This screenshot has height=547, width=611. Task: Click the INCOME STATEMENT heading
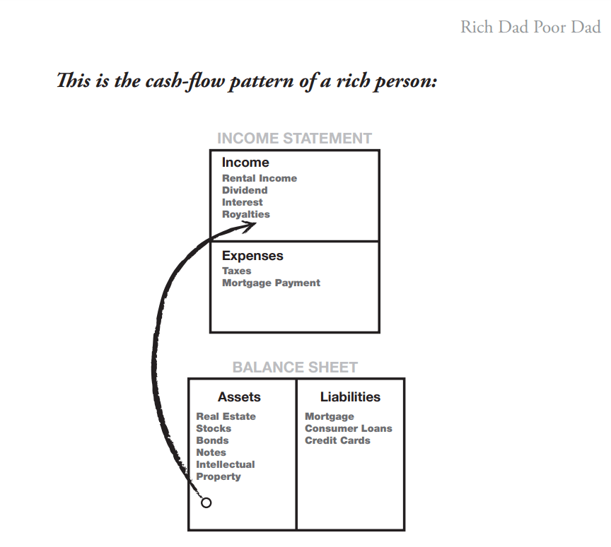pos(294,139)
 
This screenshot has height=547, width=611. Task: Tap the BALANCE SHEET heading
pos(295,367)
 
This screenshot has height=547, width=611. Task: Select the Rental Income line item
pos(259,178)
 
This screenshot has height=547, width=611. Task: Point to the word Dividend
pos(244,190)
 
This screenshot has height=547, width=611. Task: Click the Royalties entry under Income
pos(245,214)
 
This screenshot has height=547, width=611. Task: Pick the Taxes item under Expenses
pos(236,271)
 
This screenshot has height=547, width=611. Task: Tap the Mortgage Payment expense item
pos(271,283)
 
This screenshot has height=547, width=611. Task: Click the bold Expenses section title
pos(252,256)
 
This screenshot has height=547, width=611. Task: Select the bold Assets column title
pos(239,397)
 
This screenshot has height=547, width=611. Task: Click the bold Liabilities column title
pos(350,397)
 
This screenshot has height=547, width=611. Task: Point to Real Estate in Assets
pos(226,416)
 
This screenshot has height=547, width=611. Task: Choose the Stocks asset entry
pos(214,428)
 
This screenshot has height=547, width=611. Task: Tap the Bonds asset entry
pos(212,440)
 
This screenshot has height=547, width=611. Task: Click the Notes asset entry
pos(211,452)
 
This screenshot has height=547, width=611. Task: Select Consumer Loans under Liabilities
pos(348,428)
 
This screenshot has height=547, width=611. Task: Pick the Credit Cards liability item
pos(337,440)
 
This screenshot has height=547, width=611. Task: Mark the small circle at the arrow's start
pos(206,503)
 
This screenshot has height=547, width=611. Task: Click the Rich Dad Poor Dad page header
pos(530,28)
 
